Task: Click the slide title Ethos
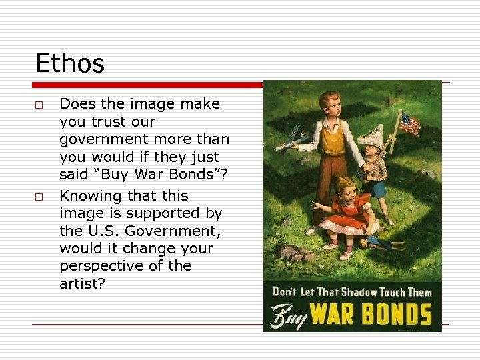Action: (70, 64)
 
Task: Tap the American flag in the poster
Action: (409, 123)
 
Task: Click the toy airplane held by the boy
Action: (293, 136)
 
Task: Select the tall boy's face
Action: (331, 105)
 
